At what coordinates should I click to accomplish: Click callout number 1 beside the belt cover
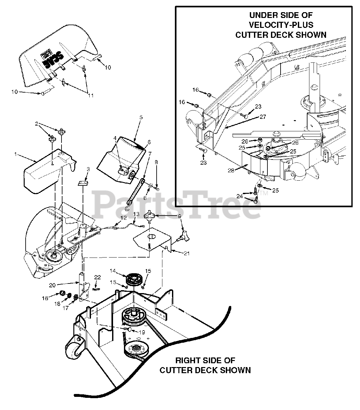pyautogui.click(x=15, y=154)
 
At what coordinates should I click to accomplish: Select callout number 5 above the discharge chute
pyautogui.click(x=141, y=117)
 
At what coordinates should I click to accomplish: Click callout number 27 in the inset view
pyautogui.click(x=263, y=117)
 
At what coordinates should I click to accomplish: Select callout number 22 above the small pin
pyautogui.click(x=97, y=277)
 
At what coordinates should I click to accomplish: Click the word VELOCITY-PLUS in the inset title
pyautogui.click(x=281, y=25)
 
